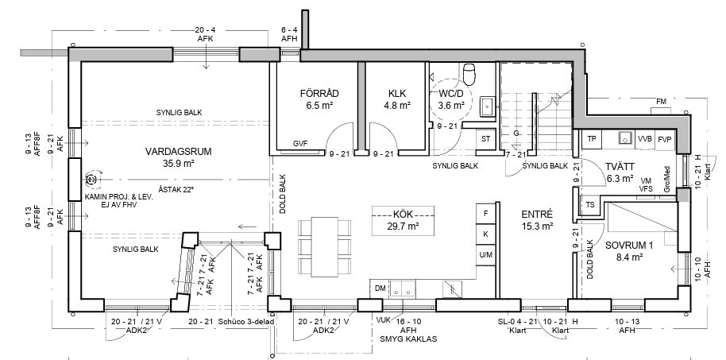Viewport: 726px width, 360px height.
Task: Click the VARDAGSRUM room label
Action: click(178, 152)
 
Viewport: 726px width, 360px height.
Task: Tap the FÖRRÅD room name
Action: click(319, 93)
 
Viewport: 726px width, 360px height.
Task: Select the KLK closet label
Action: click(397, 93)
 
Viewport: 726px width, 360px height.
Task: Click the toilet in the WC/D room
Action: click(469, 75)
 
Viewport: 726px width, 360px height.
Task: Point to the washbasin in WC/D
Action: click(488, 106)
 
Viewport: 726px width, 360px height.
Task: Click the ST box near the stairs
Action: click(485, 138)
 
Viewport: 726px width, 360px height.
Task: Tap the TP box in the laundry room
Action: click(591, 139)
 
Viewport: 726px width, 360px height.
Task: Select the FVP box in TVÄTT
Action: click(664, 139)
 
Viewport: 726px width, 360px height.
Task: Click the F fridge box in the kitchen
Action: click(485, 214)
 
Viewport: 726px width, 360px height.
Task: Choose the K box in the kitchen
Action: click(485, 234)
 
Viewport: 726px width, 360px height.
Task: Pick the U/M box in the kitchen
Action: click(485, 255)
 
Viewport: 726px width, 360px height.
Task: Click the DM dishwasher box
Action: click(380, 288)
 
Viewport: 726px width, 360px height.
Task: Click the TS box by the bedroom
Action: click(590, 205)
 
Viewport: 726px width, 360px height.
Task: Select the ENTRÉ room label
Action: click(537, 215)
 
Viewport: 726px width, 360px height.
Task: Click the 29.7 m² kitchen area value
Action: click(403, 226)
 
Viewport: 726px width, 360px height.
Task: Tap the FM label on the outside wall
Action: click(661, 102)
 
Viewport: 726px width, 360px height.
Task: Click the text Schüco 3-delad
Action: click(247, 322)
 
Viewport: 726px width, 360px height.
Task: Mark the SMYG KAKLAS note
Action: click(407, 339)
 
